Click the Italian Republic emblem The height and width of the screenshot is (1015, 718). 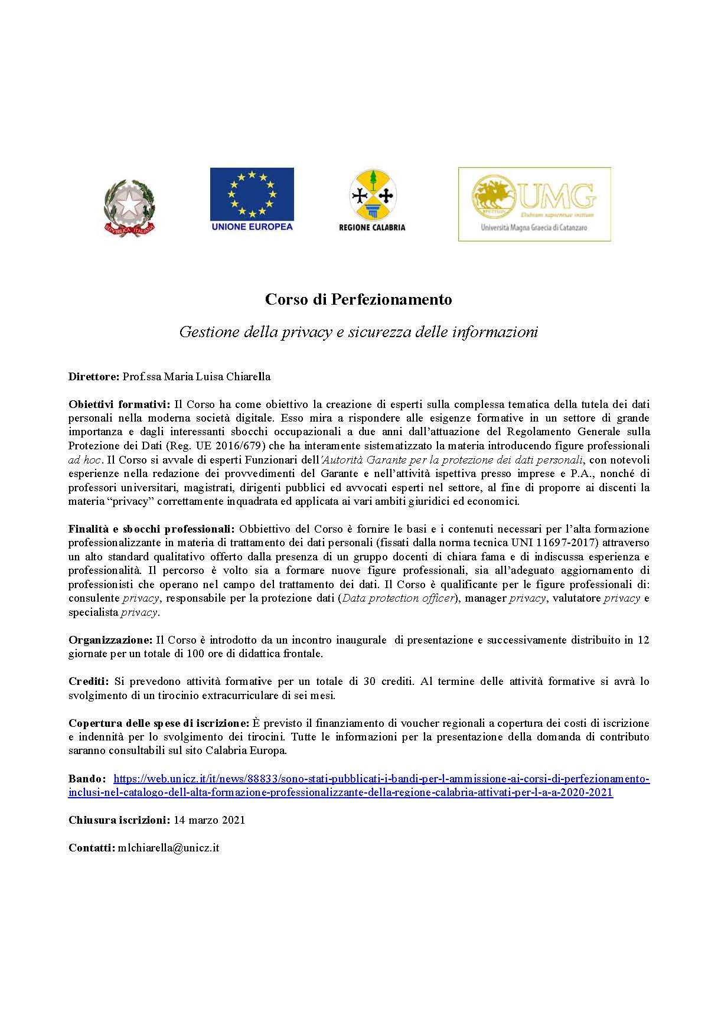point(129,208)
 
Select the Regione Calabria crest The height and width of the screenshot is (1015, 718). point(373,195)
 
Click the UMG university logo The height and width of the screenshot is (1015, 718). point(534,204)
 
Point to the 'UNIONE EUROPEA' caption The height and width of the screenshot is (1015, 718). point(252,226)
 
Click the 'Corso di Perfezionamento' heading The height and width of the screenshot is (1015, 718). point(358,299)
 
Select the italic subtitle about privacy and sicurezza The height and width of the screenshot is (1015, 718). point(358,332)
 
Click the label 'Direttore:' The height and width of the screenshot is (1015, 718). point(94,377)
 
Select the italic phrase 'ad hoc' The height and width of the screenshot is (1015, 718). point(84,460)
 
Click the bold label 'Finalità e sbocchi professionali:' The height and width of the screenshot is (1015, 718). point(152,528)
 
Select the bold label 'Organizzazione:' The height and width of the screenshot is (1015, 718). point(110,640)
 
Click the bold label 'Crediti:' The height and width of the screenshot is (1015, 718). point(89,681)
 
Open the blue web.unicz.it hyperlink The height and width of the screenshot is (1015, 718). point(381,779)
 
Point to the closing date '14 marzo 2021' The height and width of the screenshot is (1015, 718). point(209,820)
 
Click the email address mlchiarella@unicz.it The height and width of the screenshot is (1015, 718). point(168,848)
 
